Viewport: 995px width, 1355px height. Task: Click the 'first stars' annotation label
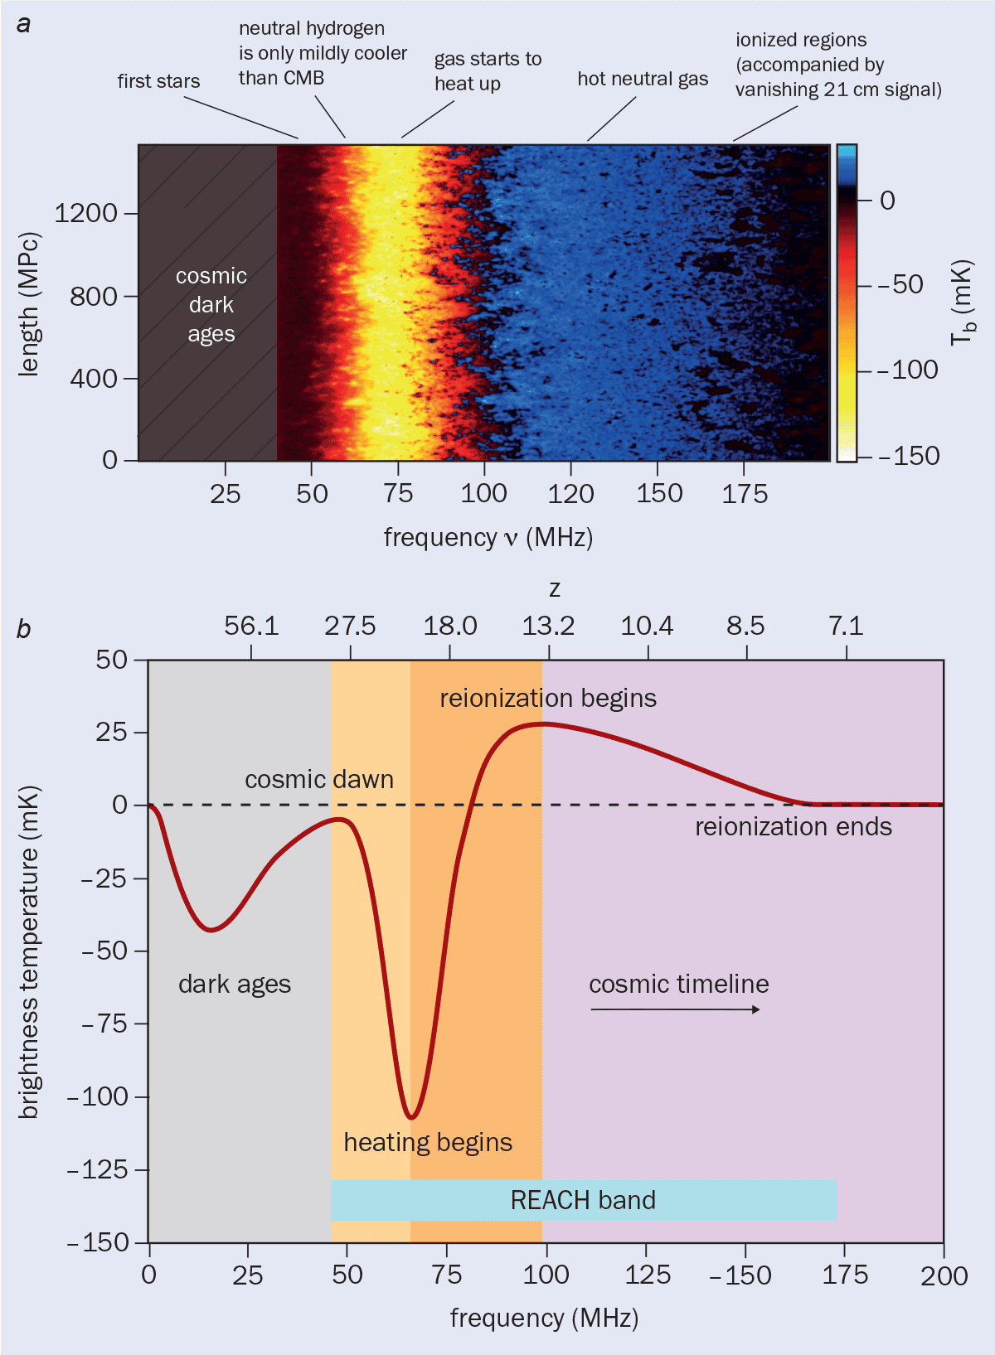click(158, 81)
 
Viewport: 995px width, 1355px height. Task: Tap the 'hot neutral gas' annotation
click(643, 79)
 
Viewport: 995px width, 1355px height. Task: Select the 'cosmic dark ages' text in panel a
click(211, 305)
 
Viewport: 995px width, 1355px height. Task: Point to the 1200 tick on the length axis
click(86, 213)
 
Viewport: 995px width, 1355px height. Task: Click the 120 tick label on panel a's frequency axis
click(570, 494)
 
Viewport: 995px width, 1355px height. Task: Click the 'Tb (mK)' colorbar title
click(962, 303)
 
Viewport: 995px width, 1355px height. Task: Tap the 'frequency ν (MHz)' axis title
click(488, 537)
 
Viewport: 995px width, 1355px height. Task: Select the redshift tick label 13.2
click(548, 626)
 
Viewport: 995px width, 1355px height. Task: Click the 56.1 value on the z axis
click(251, 626)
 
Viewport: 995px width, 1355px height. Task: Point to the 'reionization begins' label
click(548, 699)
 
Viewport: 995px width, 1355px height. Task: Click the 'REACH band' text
click(583, 1200)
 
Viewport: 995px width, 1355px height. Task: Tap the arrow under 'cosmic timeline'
click(675, 1009)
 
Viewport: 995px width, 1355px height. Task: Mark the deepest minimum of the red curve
click(411, 1116)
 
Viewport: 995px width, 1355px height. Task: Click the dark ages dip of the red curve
click(211, 930)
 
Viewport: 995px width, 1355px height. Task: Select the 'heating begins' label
click(428, 1142)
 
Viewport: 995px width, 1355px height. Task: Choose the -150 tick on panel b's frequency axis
click(740, 1275)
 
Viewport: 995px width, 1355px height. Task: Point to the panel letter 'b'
click(23, 629)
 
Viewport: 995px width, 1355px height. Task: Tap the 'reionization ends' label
click(794, 827)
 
